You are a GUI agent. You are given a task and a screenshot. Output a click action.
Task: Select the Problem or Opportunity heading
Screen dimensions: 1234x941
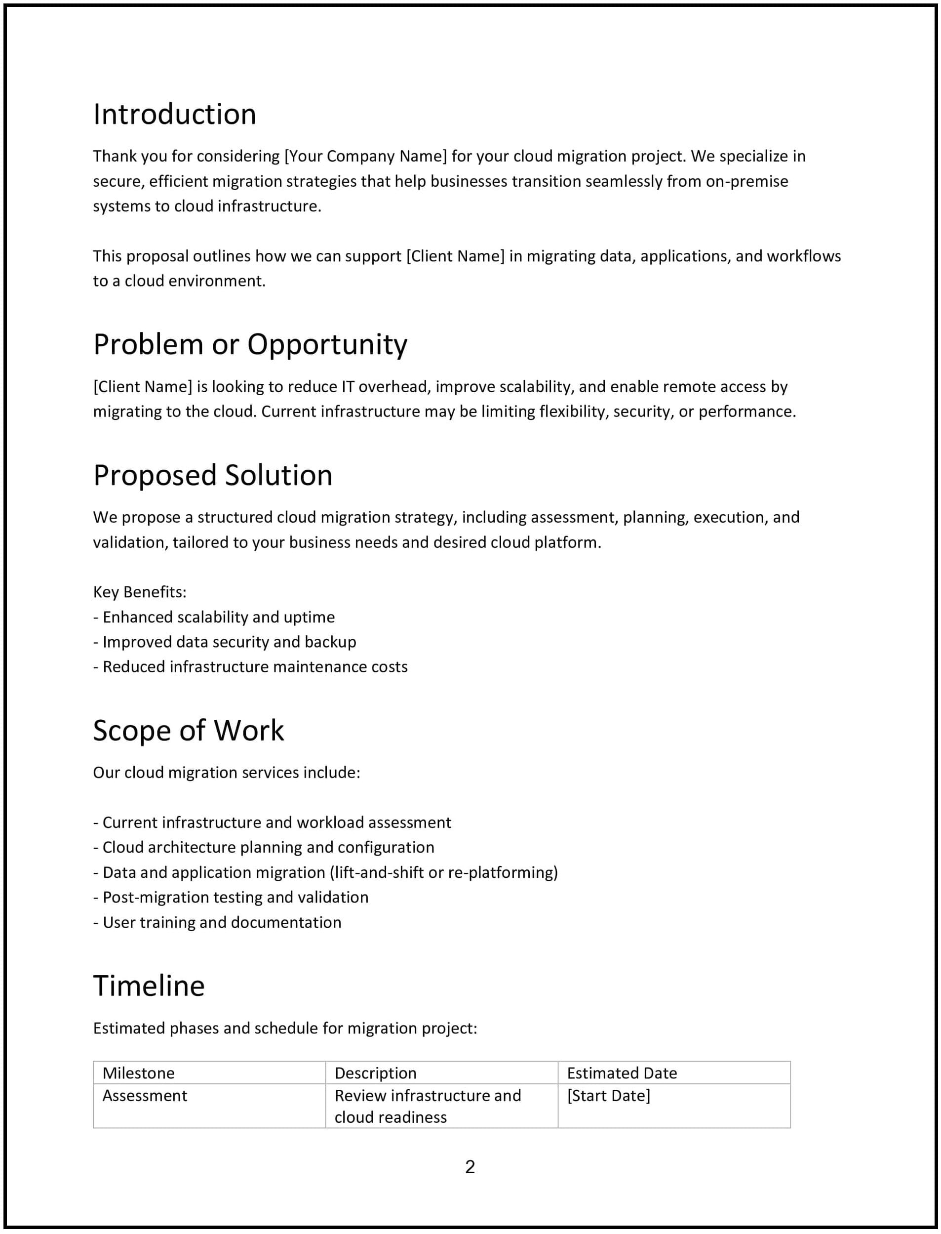click(250, 344)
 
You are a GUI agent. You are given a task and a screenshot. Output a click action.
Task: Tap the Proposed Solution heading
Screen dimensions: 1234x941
click(212, 475)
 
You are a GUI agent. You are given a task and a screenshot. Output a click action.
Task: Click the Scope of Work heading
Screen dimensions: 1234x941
click(188, 731)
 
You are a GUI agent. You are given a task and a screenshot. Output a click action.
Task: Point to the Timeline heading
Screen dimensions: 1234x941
click(149, 987)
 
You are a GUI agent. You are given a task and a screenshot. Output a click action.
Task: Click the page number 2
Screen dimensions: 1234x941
click(470, 1167)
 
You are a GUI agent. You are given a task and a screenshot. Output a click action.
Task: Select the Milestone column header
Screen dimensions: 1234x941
click(138, 1073)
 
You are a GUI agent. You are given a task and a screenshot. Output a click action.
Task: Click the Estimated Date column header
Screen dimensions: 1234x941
click(622, 1073)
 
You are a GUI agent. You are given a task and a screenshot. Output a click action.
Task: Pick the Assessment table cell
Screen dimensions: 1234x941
click(145, 1096)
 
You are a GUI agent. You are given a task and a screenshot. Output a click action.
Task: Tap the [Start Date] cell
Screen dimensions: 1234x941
click(608, 1096)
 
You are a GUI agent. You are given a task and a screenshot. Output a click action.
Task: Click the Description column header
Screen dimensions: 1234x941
click(375, 1073)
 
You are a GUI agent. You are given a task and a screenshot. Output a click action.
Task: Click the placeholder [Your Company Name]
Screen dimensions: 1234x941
click(366, 157)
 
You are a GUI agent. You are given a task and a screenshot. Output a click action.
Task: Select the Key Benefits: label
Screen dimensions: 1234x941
click(139, 592)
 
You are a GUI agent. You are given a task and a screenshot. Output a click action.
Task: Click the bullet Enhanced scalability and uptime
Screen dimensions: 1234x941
click(218, 617)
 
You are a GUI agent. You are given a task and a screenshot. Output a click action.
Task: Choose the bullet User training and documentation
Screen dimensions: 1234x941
click(222, 923)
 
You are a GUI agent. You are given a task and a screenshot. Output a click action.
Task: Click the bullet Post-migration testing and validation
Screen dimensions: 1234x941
click(235, 898)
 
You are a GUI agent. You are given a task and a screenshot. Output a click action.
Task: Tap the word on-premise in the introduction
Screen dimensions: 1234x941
click(746, 182)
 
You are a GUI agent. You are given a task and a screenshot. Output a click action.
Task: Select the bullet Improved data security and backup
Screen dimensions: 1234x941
click(229, 642)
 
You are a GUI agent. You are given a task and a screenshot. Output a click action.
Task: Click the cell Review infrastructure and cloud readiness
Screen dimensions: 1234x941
click(428, 1107)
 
